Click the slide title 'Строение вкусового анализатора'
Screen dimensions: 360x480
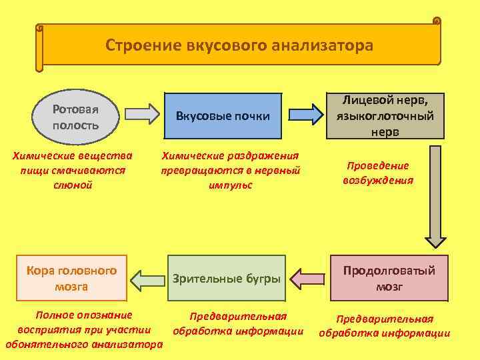click(239, 45)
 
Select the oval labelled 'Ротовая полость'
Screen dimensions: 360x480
click(75, 117)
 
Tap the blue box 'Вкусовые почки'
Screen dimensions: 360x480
click(223, 116)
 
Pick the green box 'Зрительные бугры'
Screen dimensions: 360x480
click(227, 278)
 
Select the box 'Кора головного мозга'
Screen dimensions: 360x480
click(71, 279)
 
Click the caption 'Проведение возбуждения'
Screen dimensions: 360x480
click(378, 173)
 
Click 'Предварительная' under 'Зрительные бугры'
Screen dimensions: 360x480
click(238, 316)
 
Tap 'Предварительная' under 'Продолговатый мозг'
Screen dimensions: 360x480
click(385, 319)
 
